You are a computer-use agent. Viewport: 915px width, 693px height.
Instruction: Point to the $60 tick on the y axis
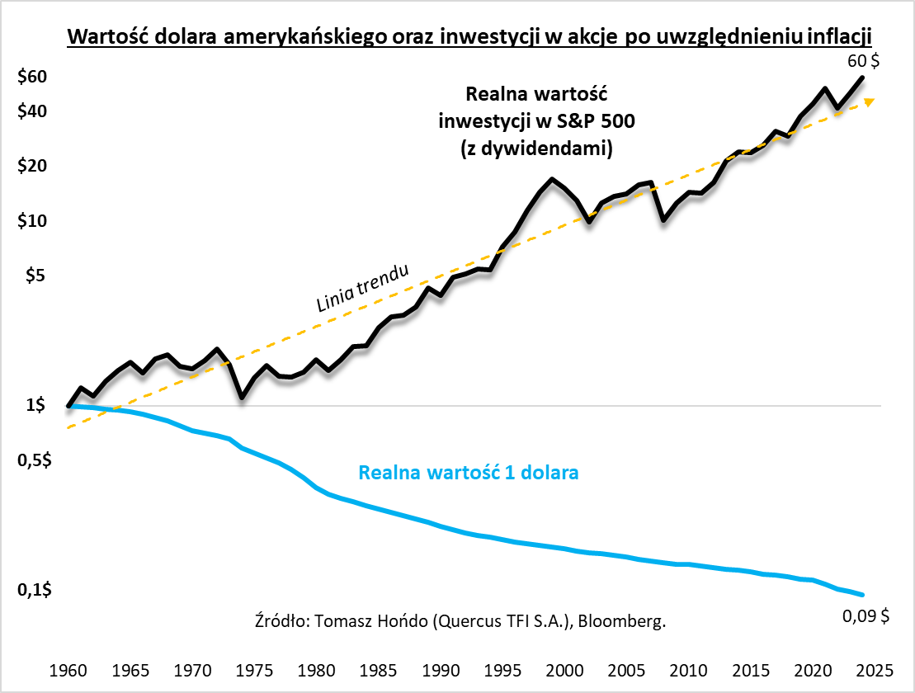click(x=32, y=77)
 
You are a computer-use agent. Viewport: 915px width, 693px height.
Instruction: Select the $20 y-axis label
click(x=32, y=165)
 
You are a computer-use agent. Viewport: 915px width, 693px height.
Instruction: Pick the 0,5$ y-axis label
click(x=34, y=460)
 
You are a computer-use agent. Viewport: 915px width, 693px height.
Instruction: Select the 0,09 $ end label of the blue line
click(x=865, y=615)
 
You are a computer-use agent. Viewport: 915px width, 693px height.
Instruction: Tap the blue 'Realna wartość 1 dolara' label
click(x=468, y=474)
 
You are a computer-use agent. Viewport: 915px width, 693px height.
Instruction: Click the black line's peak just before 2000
click(x=551, y=179)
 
